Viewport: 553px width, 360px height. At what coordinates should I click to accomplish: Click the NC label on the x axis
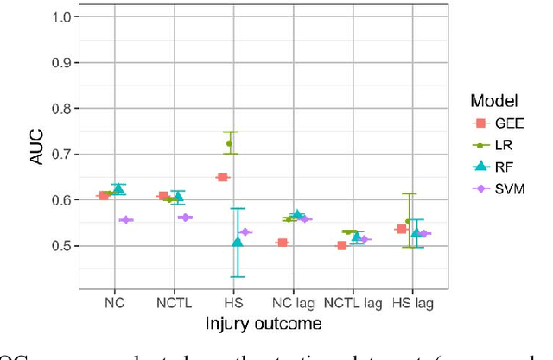pos(113,303)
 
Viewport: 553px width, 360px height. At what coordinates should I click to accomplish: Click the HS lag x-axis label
pos(411,303)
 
